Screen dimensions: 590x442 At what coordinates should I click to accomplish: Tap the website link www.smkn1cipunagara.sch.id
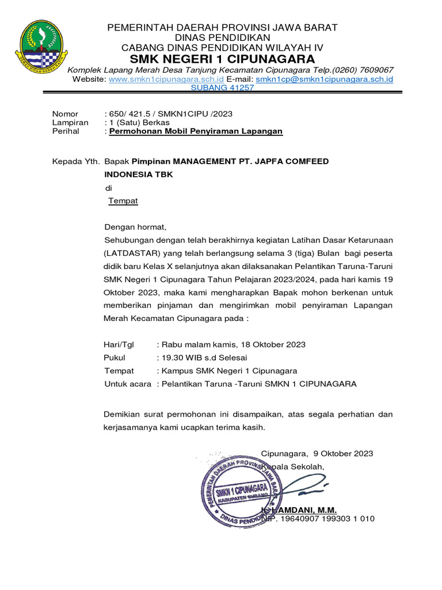pos(166,79)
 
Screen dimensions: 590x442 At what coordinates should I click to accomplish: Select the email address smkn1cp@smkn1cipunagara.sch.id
pos(324,79)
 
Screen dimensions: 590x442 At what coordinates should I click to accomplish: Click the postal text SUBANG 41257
pos(222,88)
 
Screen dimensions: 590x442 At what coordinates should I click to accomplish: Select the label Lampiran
pos(70,123)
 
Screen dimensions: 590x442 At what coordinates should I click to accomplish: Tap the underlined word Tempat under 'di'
pos(123,201)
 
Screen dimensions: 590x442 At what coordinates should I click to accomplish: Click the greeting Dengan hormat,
pos(135,227)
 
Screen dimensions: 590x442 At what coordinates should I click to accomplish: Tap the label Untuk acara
pos(127,384)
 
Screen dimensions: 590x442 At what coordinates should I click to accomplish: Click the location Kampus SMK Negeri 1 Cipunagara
pos(230,370)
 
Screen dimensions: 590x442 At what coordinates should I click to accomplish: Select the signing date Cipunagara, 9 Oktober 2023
pos(317,453)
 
